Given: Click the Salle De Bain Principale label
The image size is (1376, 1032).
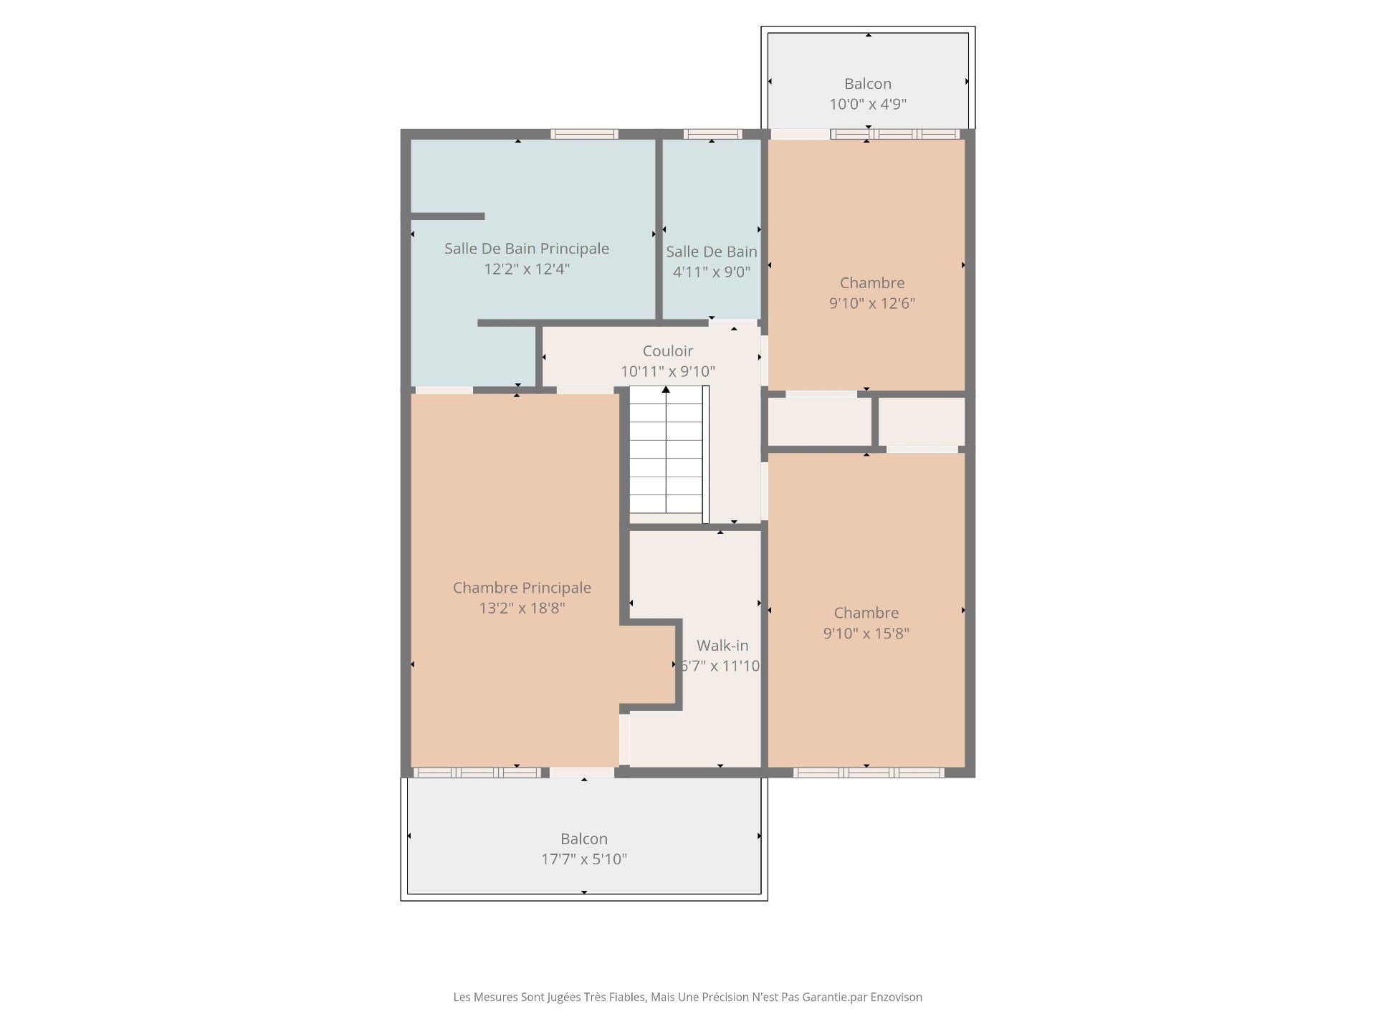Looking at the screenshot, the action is point(527,249).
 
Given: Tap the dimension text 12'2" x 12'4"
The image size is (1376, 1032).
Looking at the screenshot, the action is point(527,269).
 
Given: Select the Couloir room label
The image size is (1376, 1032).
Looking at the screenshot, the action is point(668,351).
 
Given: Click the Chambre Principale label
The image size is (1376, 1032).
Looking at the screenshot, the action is point(522,588).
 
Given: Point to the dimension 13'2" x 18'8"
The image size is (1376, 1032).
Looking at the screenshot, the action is point(522,608).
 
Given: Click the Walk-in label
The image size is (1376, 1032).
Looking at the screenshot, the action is point(722,646).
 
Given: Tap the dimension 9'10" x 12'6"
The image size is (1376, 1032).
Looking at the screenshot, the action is point(872,303).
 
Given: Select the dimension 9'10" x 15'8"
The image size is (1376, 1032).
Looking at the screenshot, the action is point(866,634).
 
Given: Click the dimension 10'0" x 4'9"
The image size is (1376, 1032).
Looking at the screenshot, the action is point(868,104).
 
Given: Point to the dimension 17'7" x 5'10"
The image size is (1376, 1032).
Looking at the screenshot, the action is point(584,859).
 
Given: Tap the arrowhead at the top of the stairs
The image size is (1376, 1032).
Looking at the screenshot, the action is point(666,389).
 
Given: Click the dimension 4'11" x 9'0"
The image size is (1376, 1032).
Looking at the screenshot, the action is point(712,272).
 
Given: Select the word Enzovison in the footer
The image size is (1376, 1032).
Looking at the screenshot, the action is point(896,997).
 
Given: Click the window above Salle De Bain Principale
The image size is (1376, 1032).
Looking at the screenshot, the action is point(584,134).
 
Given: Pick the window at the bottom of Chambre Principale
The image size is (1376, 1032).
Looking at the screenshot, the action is point(477,773).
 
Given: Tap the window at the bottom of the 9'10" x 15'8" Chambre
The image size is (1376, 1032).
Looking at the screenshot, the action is point(869,773).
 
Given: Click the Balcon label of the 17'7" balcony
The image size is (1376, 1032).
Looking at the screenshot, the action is point(584,838).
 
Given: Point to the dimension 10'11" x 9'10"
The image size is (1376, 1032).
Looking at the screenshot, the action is point(668,371).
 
